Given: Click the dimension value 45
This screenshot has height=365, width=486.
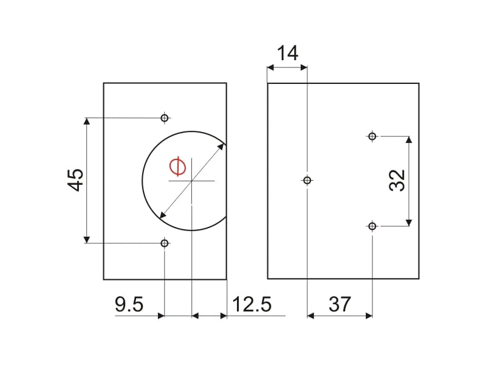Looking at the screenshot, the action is [x=75, y=180].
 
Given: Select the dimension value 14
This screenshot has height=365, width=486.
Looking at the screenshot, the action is [x=287, y=53].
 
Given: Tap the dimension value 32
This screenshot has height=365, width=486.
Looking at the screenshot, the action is [x=397, y=180].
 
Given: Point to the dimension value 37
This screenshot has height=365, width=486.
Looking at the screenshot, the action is [x=340, y=304].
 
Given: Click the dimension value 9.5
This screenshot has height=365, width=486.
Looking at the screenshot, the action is [x=129, y=304].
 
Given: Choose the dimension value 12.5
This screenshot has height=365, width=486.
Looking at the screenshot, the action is [x=252, y=304].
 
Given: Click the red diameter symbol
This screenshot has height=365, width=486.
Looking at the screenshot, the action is [x=178, y=167].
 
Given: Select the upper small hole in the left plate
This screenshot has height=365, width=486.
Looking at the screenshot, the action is [x=165, y=118].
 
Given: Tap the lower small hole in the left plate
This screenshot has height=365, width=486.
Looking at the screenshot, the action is [x=165, y=243].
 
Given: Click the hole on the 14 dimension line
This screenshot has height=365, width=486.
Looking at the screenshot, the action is [x=307, y=180].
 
